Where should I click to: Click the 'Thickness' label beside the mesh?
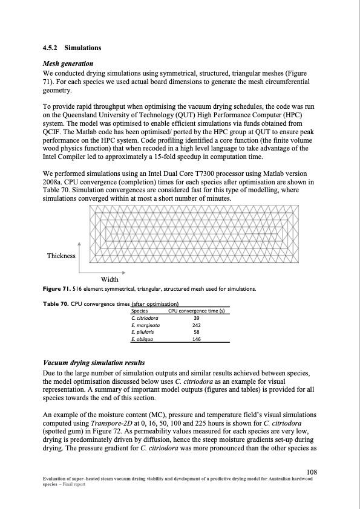coord(62,256)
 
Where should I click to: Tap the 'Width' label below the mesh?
coord(109,279)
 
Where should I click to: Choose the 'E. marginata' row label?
coord(145,325)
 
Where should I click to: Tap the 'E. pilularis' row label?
coord(143,332)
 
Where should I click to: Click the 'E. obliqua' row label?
coord(142,339)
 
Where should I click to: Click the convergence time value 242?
coord(196,325)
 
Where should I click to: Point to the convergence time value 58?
coord(196,332)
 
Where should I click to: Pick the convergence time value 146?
coord(196,339)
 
